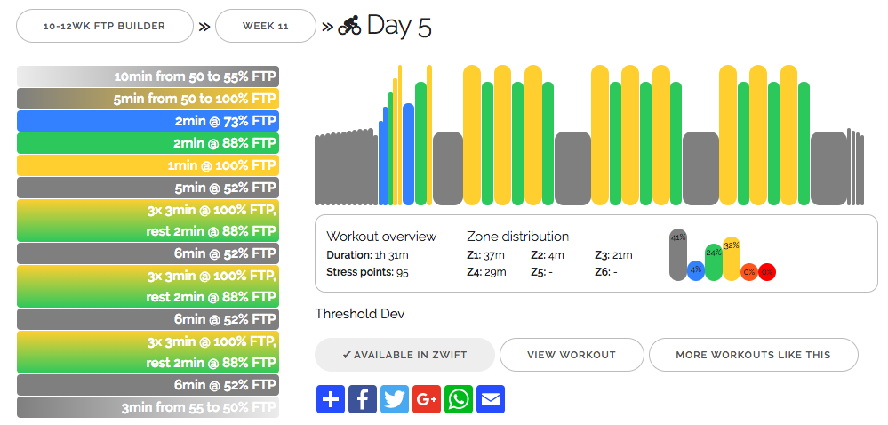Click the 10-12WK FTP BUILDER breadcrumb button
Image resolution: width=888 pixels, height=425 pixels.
pos(105,26)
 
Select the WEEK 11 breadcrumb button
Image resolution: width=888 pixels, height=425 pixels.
pos(266,26)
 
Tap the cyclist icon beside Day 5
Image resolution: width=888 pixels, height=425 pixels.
pos(349,27)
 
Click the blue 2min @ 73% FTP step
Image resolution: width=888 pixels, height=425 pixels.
pos(148,122)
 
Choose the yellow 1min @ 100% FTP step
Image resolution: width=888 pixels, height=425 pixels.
pos(148,165)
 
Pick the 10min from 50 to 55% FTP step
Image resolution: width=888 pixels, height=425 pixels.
pos(148,76)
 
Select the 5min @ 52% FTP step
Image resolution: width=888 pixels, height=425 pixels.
pos(148,188)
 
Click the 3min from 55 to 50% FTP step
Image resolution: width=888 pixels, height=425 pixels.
pos(148,407)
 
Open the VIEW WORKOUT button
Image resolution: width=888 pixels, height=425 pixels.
pos(572,355)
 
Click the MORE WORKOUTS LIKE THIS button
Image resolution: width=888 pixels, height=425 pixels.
pos(753,355)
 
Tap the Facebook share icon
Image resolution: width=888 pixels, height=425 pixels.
pos(363,399)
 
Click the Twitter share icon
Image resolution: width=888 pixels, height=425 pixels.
pos(395,399)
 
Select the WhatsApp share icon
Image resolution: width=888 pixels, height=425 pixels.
pos(459,399)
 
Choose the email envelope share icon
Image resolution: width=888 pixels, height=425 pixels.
pos(491,399)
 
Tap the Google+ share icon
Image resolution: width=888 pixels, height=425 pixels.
pos(427,399)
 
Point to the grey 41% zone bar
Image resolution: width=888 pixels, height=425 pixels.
pos(678,256)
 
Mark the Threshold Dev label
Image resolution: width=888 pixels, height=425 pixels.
pos(359,313)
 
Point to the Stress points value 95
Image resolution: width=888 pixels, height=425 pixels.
pos(402,272)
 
